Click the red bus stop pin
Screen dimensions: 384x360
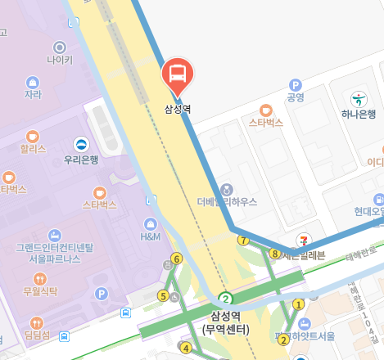coord(177,74)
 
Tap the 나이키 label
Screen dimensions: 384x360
coord(60,60)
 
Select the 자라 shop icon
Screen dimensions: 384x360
coord(33,82)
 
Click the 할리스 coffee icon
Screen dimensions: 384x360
coord(33,135)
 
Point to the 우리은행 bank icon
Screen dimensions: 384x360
coord(81,144)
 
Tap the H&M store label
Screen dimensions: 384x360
coord(151,237)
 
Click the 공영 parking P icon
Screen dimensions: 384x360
coord(296,84)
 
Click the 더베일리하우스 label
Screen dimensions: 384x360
coord(227,201)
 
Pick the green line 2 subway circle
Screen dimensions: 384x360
coord(226,299)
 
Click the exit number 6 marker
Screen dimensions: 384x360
coord(176,259)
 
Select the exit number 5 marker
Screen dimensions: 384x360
coord(163,295)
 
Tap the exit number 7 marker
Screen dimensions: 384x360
coord(242,240)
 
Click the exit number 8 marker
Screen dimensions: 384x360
coord(274,254)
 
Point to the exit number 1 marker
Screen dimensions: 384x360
coord(298,304)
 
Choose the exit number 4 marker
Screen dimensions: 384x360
coord(186,349)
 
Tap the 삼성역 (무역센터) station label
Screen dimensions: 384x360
coord(225,322)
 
